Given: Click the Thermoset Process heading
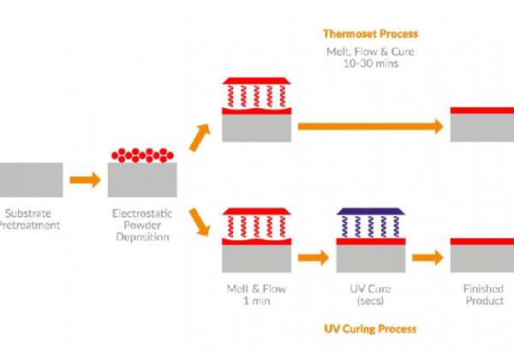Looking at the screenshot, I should [x=369, y=34].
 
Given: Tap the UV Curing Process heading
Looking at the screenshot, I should [x=369, y=328].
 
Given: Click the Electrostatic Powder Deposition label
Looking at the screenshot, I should [x=143, y=225].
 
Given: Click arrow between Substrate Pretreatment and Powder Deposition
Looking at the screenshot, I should [x=84, y=180].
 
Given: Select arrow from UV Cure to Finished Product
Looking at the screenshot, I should [x=427, y=257].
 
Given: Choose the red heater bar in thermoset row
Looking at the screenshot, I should [x=257, y=81].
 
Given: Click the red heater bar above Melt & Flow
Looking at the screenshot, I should [x=257, y=211].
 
